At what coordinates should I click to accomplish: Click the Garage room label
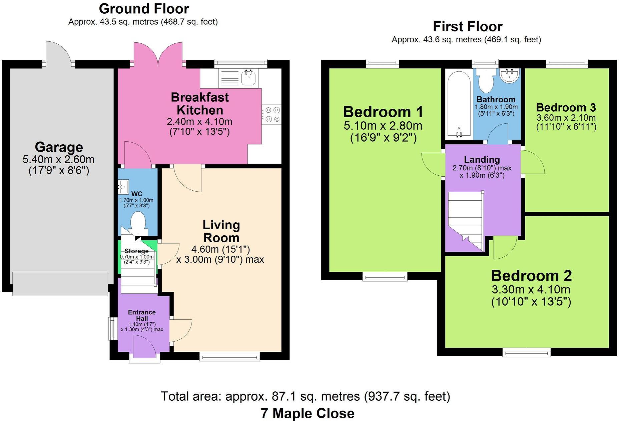(59, 147)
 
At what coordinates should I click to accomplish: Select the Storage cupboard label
(136, 251)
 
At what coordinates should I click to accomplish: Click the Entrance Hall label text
(142, 315)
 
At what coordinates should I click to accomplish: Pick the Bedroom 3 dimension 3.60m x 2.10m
(566, 118)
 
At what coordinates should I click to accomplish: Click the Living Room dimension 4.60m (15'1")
(220, 249)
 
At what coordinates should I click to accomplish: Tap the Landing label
(482, 159)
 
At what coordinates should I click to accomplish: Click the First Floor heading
(467, 27)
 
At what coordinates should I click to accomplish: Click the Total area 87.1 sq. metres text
(305, 396)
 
